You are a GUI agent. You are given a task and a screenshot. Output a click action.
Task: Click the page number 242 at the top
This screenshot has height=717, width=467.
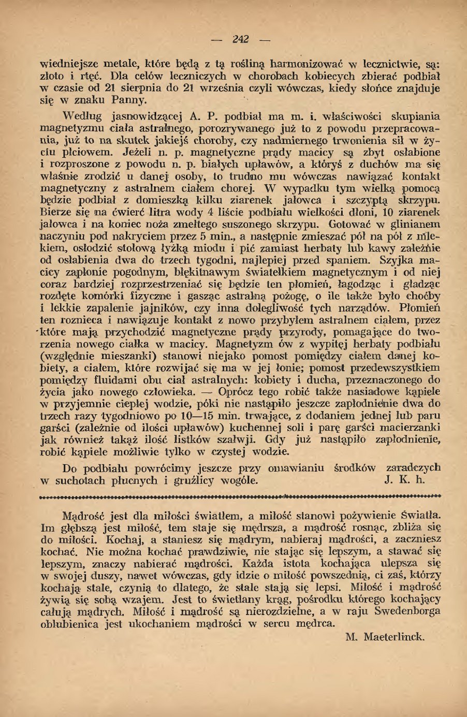241,39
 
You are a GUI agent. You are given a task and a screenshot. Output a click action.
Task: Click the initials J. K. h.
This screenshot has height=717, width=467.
405,480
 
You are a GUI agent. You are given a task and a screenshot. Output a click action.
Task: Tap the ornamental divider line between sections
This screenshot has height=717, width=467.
240,495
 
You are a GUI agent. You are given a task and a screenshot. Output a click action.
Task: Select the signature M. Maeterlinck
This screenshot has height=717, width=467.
385,636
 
